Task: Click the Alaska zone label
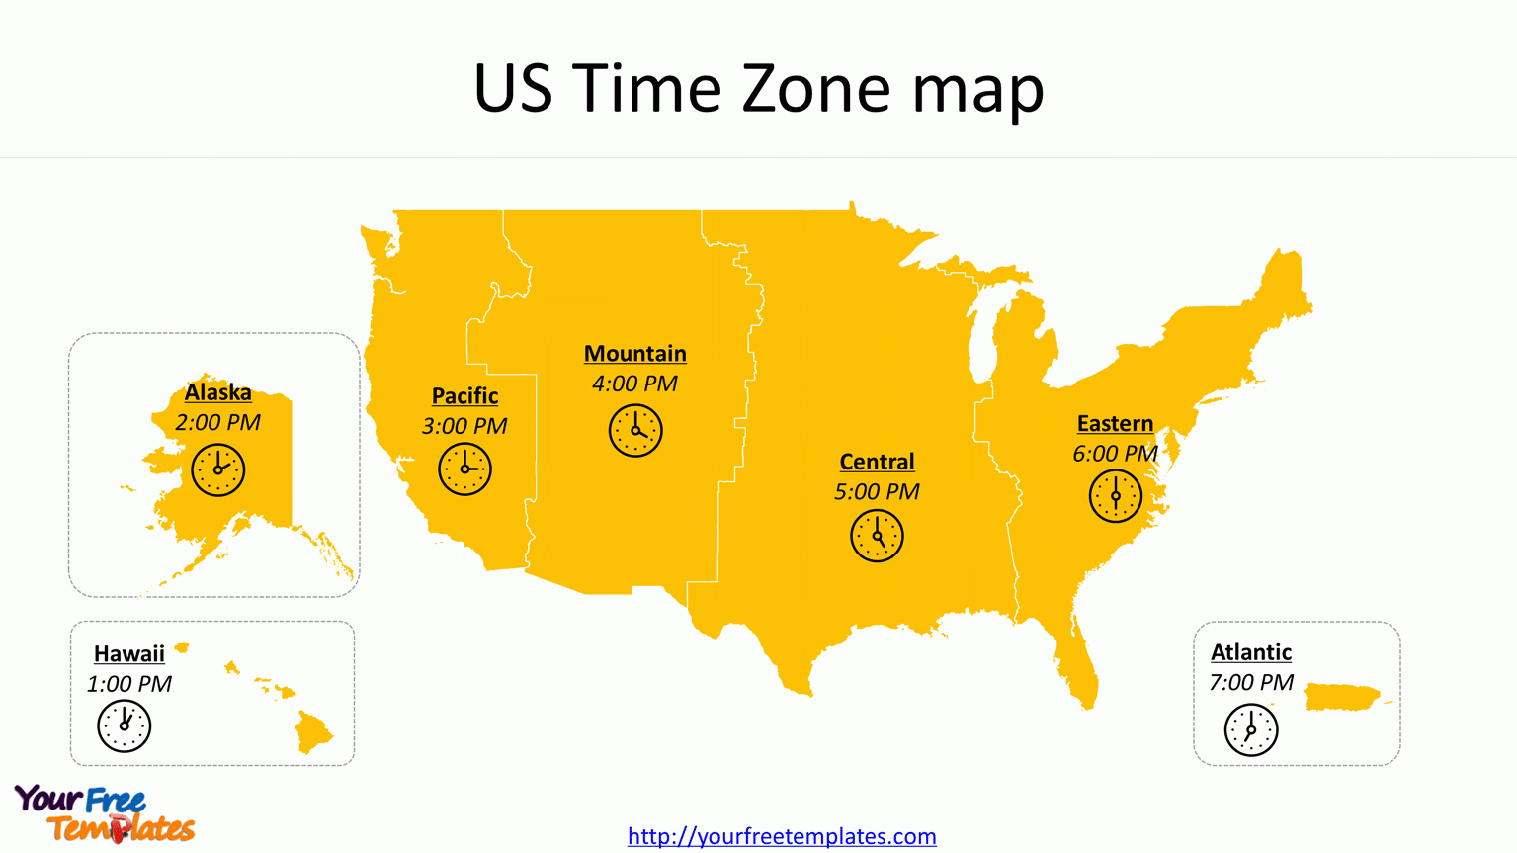[x=217, y=392]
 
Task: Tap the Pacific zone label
[x=464, y=396]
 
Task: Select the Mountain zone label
[x=634, y=354]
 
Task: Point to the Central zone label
[x=877, y=462]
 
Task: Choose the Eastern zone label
[x=1115, y=424]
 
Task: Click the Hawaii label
[x=128, y=654]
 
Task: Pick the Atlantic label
[x=1250, y=652]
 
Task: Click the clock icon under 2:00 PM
[x=217, y=469]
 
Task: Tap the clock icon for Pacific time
[x=464, y=469]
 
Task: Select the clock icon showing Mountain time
[x=635, y=430]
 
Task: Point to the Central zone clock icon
[x=877, y=536]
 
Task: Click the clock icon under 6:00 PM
[x=1115, y=496]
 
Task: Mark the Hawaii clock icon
[x=125, y=725]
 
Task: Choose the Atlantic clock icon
[x=1250, y=730]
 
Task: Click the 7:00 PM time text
[x=1250, y=683]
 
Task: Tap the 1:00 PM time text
[x=128, y=684]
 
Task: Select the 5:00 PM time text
[x=877, y=492]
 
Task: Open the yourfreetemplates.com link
[x=782, y=836]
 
